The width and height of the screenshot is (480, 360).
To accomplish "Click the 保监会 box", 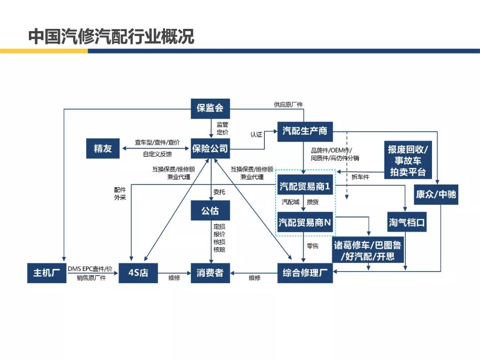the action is [x=210, y=109].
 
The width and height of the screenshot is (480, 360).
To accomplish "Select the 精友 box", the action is [x=103, y=148].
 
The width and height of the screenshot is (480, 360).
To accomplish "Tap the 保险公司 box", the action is [x=210, y=148].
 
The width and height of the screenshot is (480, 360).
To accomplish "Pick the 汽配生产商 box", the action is [x=305, y=132].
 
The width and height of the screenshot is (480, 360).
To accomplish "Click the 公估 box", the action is [x=210, y=211].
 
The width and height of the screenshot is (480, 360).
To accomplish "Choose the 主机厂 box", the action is [x=47, y=273].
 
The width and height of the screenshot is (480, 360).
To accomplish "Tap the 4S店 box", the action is [x=138, y=273].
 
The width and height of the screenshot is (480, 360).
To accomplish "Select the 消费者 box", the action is [x=210, y=273].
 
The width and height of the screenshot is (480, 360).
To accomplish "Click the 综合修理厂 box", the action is [x=305, y=273].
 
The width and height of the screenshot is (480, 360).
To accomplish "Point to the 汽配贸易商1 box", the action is [x=305, y=186].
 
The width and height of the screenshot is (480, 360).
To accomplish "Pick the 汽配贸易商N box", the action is [x=305, y=222].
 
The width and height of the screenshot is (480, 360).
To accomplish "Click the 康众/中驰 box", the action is [x=436, y=194].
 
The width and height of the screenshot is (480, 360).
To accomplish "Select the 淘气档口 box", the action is [x=407, y=222].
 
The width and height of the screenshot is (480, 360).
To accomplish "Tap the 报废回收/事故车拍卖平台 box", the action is [x=408, y=160].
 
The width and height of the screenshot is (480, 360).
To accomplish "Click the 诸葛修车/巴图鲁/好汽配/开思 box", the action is [x=368, y=251].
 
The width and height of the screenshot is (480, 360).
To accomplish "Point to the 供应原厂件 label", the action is [x=288, y=105].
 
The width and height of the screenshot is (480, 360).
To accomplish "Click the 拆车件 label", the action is [x=360, y=177].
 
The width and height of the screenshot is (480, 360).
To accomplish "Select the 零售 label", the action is [x=312, y=245].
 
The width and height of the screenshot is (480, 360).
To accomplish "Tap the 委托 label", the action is [x=219, y=192].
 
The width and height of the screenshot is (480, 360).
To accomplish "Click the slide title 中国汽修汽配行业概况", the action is [x=112, y=37].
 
